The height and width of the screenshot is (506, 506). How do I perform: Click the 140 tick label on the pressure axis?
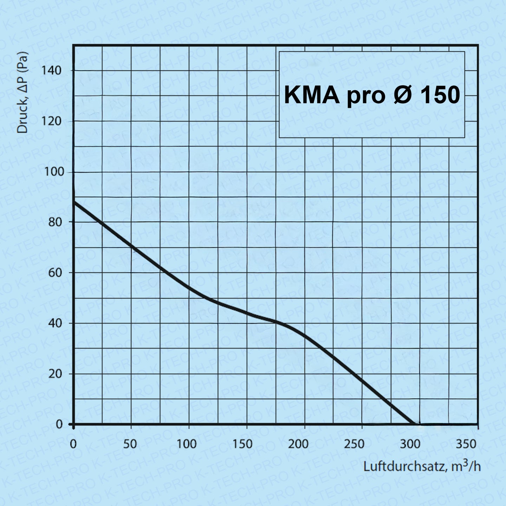pyautogui.click(x=51, y=71)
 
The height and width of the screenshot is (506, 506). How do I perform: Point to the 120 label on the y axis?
pyautogui.click(x=51, y=121)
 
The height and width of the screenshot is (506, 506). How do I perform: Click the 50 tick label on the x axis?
pyautogui.click(x=130, y=444)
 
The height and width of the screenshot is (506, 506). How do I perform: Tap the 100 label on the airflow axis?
pyautogui.click(x=186, y=444)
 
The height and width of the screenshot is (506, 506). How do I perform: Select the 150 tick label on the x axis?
pyautogui.click(x=242, y=444)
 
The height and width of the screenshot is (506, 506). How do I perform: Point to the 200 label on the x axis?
pyautogui.click(x=298, y=444)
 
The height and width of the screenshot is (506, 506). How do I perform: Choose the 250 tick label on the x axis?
pyautogui.click(x=354, y=444)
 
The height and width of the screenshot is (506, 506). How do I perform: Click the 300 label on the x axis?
pyautogui.click(x=410, y=444)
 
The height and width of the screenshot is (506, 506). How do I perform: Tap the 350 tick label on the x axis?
pyautogui.click(x=466, y=444)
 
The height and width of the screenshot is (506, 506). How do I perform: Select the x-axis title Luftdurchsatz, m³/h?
pyautogui.click(x=422, y=467)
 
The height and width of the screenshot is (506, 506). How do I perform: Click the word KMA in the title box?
pyautogui.click(x=312, y=95)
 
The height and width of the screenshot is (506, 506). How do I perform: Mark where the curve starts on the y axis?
pyautogui.click(x=74, y=202)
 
